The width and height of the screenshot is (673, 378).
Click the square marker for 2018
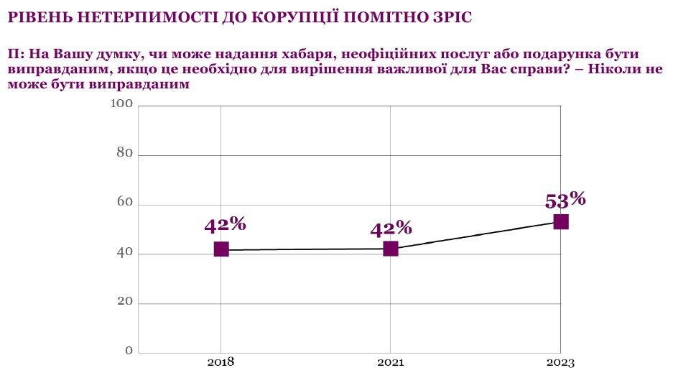coord(221,249)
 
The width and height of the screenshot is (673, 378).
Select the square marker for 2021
coord(391,249)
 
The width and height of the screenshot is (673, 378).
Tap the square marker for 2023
coord(561,221)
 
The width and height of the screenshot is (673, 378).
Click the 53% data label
coord(565,199)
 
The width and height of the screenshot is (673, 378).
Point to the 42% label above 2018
coord(225,224)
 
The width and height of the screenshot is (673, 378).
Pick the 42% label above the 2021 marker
coord(391,229)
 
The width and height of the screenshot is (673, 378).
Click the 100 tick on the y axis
coord(122,105)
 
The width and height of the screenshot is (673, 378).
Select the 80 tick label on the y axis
coord(125,153)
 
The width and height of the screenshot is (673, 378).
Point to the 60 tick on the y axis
coord(125,203)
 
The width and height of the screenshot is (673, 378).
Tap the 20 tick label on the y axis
coord(125,302)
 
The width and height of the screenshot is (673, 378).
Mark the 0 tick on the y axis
coord(129,351)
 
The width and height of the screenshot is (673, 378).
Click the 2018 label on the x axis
coord(221,363)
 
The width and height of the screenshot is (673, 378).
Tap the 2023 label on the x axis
coord(560,363)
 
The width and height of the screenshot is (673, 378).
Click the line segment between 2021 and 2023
coord(476,235)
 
